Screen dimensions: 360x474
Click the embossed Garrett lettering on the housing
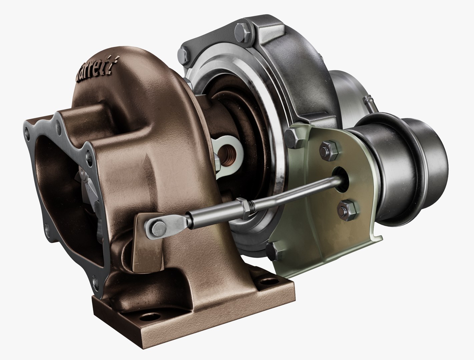(97, 71)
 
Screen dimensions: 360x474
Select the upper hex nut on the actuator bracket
(326, 149)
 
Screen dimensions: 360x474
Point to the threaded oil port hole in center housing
(230, 153)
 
